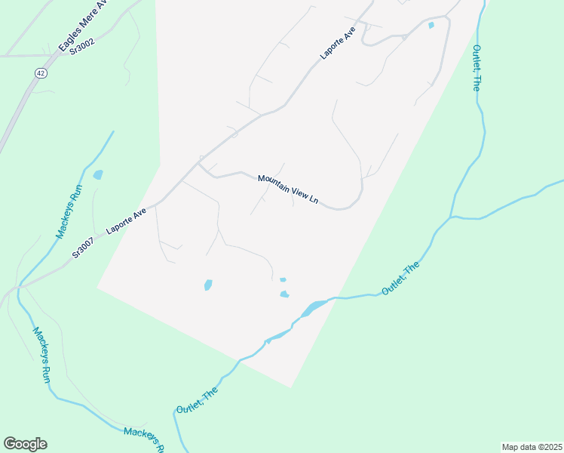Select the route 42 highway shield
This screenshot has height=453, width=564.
point(39,72)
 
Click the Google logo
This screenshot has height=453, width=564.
point(25,444)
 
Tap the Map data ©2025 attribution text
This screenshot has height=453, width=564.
point(532,447)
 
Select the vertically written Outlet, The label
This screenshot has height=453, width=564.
point(476,68)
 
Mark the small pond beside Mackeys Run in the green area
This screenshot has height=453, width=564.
point(98,175)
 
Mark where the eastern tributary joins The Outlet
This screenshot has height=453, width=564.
point(450,218)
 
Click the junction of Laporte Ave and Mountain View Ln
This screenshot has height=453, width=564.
point(199,164)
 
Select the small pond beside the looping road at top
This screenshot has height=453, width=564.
point(431,26)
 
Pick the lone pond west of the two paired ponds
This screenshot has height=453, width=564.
point(208,285)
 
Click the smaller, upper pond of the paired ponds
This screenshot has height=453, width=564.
point(283,280)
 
